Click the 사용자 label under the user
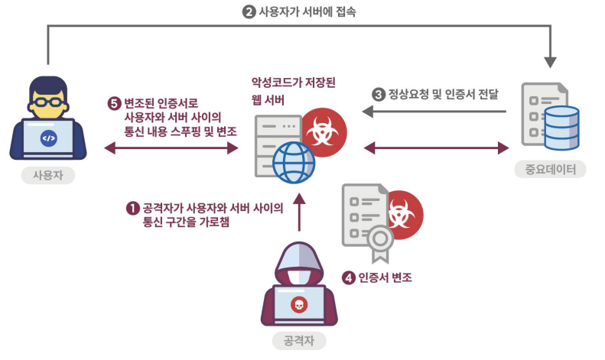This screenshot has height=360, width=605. tap(47, 175)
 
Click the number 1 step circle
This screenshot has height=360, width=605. tap(133, 208)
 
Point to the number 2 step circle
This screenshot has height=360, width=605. tap(248, 11)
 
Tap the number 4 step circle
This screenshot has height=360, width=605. tap(349, 278)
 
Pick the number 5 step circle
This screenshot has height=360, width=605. tap(115, 102)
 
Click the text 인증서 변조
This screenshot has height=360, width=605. tap(386, 278)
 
